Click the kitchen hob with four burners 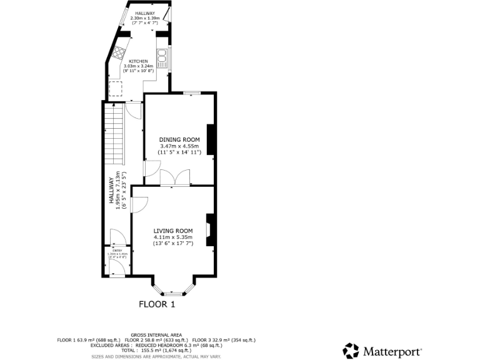pos(120,52)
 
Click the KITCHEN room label pos(138,61)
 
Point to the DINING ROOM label pos(179,139)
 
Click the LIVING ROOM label pos(173,231)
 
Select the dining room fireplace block pos(211,139)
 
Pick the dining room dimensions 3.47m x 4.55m pos(179,146)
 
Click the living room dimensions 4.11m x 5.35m pos(173,237)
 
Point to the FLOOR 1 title pos(157,304)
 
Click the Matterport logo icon pos(351,351)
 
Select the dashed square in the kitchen pos(116,89)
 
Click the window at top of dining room pos(192,93)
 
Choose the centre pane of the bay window pos(173,293)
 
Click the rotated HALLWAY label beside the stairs pos(112,189)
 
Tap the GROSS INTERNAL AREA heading pos(156,334)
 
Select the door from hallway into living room pos(138,205)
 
